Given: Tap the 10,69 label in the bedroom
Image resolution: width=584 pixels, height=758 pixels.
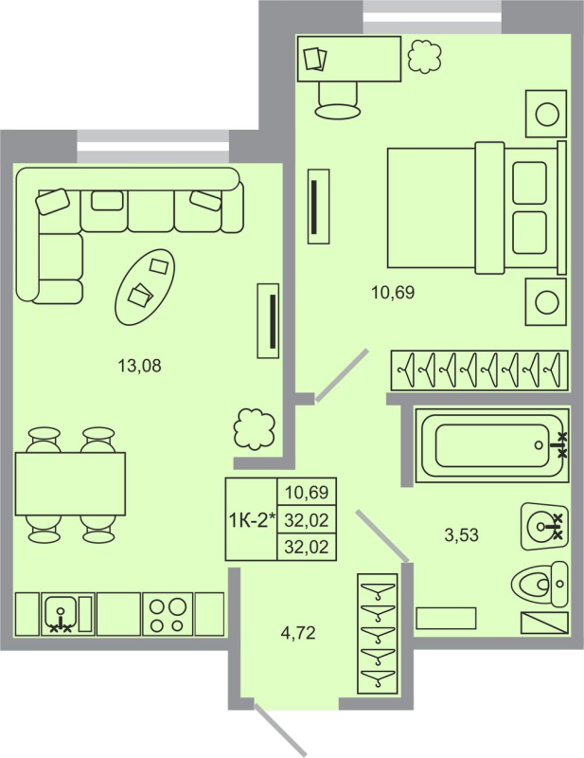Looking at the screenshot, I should coord(392,292).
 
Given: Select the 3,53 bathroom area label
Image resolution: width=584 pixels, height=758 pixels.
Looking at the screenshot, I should coord(461,534).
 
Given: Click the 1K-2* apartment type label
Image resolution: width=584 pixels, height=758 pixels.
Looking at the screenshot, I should coord(251,518).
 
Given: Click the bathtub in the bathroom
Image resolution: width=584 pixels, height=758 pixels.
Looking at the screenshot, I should coord(493,443).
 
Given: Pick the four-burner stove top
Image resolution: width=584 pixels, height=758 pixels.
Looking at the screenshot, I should coord(168,613).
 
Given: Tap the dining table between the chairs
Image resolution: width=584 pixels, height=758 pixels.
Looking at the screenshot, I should coord(70,483).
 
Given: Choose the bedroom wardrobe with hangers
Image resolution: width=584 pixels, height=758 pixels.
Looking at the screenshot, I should coord(480,370).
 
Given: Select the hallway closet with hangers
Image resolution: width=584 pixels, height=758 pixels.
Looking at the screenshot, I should coord(378,634).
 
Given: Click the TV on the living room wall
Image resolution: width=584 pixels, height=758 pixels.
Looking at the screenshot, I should coord(270,322).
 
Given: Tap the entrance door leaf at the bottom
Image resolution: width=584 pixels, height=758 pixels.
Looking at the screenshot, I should coord(282,732).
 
